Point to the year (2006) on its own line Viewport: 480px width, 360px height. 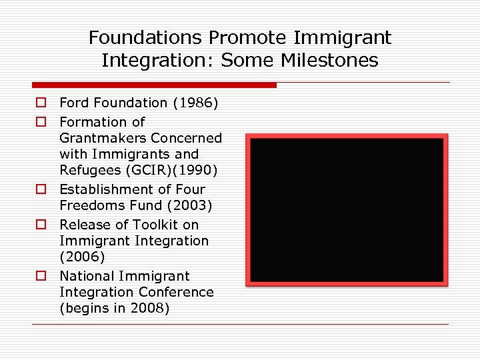click(x=82, y=257)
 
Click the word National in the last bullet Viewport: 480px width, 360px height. click(x=87, y=276)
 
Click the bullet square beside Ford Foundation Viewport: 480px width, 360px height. click(x=41, y=103)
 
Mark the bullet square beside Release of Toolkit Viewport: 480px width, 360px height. click(x=41, y=225)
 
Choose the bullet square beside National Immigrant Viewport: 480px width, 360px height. click(x=41, y=276)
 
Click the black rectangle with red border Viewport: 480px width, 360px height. click(x=347, y=210)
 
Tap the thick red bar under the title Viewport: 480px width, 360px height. click(x=154, y=85)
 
